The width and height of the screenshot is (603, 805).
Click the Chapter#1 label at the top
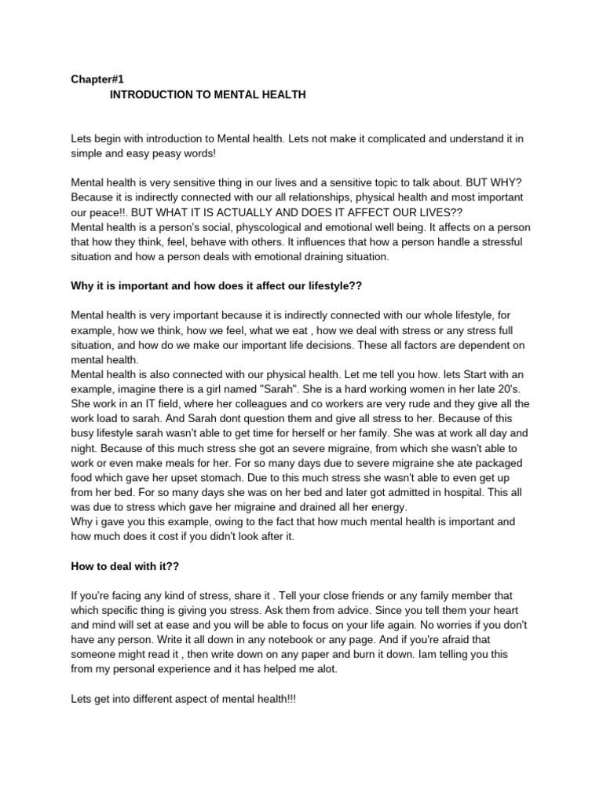pos(97,79)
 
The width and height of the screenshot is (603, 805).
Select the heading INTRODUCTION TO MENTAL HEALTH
pos(207,94)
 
